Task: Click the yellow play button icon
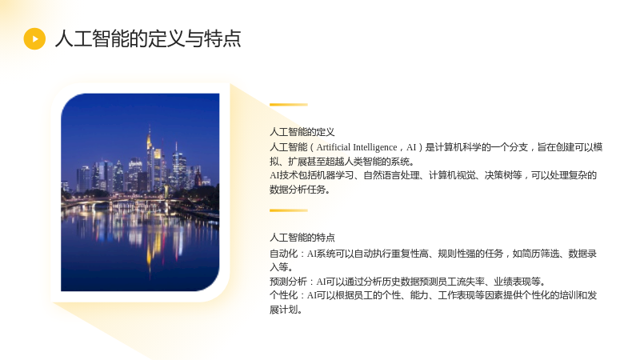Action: tap(34, 38)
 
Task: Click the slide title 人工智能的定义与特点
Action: tap(148, 38)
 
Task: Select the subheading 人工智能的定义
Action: tap(302, 132)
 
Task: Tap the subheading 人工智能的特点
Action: tap(302, 237)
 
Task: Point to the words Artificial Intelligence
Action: tap(356, 147)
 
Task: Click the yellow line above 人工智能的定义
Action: tap(289, 105)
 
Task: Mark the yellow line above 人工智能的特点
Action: tap(289, 210)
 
